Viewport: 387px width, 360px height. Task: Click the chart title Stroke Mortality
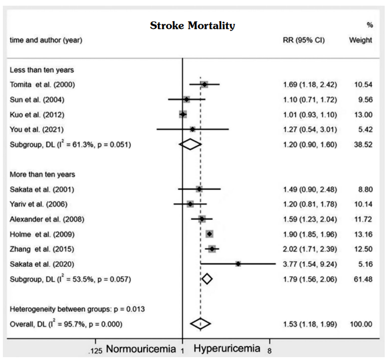(x=192, y=26)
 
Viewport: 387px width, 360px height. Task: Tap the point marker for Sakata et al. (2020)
(x=238, y=263)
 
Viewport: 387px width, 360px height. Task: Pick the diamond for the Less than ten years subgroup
(x=190, y=144)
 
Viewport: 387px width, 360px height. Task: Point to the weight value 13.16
(x=360, y=234)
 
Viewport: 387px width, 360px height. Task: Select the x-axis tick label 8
(x=269, y=350)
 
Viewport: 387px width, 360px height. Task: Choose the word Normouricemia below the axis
(x=143, y=348)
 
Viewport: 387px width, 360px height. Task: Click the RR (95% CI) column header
(x=303, y=40)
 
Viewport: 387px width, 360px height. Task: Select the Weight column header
(x=361, y=40)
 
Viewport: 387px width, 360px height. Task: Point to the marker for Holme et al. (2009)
(x=209, y=234)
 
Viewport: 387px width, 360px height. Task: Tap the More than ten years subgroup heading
(x=43, y=174)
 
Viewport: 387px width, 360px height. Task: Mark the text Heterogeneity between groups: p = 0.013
(x=78, y=309)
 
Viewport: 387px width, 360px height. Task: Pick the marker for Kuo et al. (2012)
(x=183, y=114)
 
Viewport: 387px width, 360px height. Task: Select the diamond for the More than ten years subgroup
(x=207, y=279)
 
